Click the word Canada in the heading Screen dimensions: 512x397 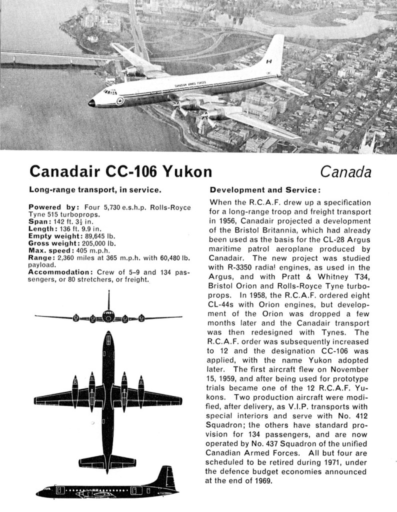point(346,172)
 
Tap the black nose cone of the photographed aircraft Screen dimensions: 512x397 point(92,103)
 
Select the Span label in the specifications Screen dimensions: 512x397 point(39,221)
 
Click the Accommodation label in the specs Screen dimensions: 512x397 point(60,272)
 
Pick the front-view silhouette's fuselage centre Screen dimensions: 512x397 point(108,316)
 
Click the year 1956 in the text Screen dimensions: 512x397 point(220,220)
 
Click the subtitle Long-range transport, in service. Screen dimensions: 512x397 point(94,190)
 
